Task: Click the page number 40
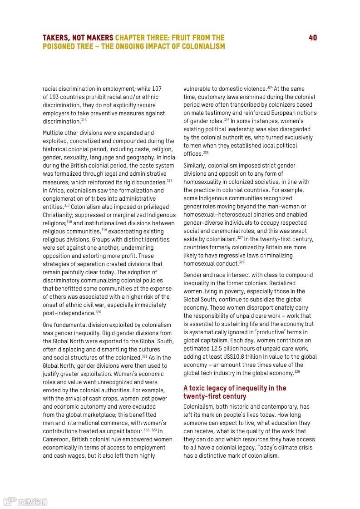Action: click(313, 38)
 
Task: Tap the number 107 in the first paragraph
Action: click(156, 89)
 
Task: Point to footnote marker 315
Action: click(84, 120)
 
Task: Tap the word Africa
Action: click(58, 190)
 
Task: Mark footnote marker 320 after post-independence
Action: click(99, 311)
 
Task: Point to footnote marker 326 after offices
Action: click(206, 153)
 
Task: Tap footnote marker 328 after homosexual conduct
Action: click(242, 262)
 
